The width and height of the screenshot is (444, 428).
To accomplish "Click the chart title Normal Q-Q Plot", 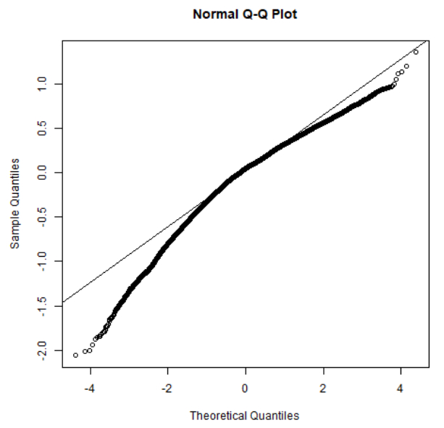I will click(244, 14).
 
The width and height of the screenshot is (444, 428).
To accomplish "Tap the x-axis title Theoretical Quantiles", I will click(244, 416).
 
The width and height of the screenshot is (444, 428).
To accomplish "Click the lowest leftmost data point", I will click(76, 355).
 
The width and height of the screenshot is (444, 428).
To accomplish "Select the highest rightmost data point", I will click(416, 52).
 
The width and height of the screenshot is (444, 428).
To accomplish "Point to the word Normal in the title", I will click(211, 14).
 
